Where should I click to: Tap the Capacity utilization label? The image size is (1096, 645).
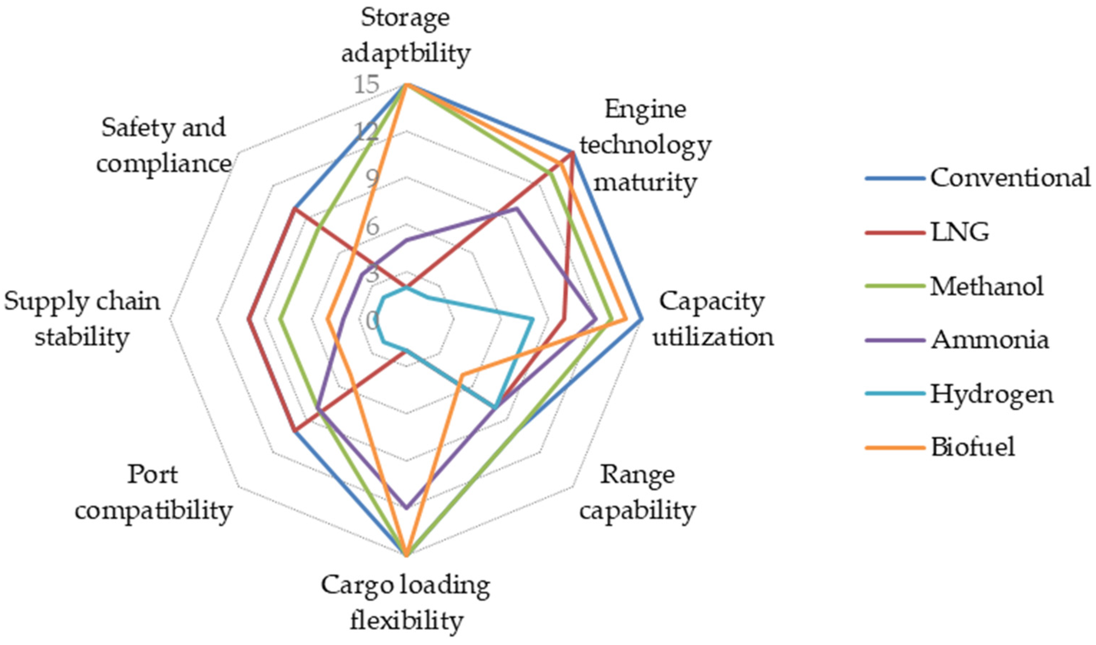click(x=713, y=319)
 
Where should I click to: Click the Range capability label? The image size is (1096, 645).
click(x=638, y=493)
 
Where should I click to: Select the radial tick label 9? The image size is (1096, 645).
click(x=372, y=179)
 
